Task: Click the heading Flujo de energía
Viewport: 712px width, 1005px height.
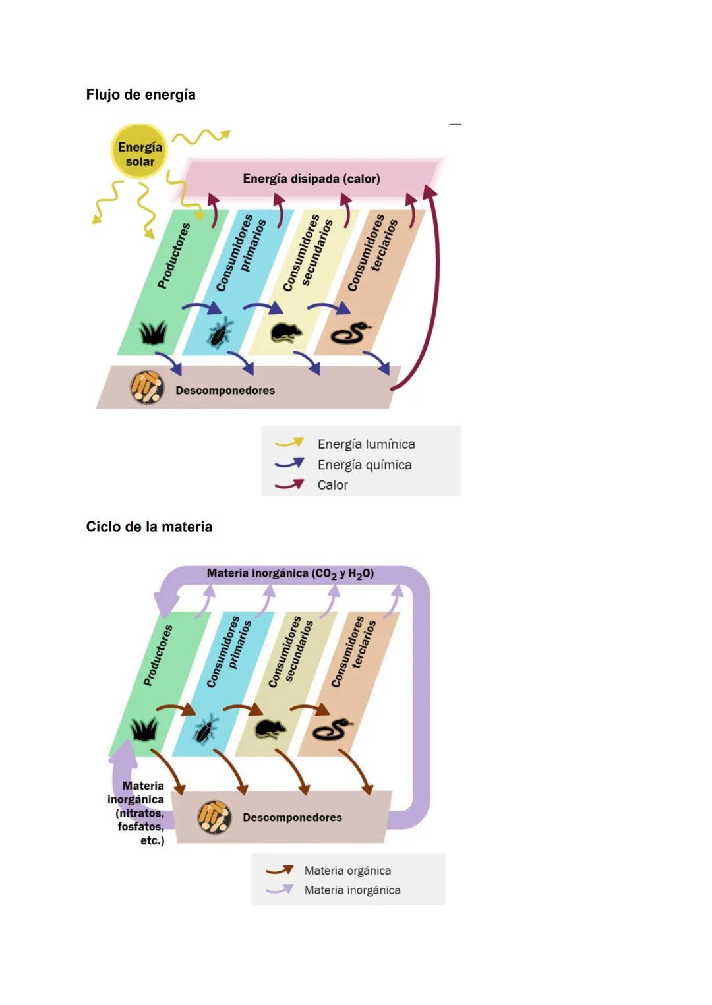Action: [140, 94]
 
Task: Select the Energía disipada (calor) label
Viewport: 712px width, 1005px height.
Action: [311, 179]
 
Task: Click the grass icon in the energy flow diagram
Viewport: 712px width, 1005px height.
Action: [153, 332]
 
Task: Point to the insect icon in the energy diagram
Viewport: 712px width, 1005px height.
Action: [220, 332]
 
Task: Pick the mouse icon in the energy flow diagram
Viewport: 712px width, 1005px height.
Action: [286, 332]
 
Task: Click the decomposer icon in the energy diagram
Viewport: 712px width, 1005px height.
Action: [146, 388]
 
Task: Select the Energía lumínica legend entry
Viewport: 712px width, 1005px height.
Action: [366, 444]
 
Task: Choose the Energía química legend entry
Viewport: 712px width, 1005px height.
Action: [364, 465]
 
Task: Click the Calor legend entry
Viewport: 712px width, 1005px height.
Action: [332, 485]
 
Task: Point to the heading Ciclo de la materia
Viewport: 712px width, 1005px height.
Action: [149, 527]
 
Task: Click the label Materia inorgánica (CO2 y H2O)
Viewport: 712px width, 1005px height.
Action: [290, 573]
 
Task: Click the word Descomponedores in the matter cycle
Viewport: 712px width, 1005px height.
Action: [292, 817]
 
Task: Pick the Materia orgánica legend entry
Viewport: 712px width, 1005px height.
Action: [347, 871]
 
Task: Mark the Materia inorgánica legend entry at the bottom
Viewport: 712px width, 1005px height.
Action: [352, 890]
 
